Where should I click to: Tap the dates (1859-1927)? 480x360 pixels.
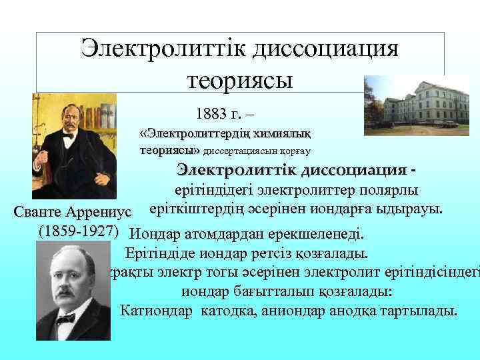pos(79,232)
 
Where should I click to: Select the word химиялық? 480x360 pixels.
pos(286,132)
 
